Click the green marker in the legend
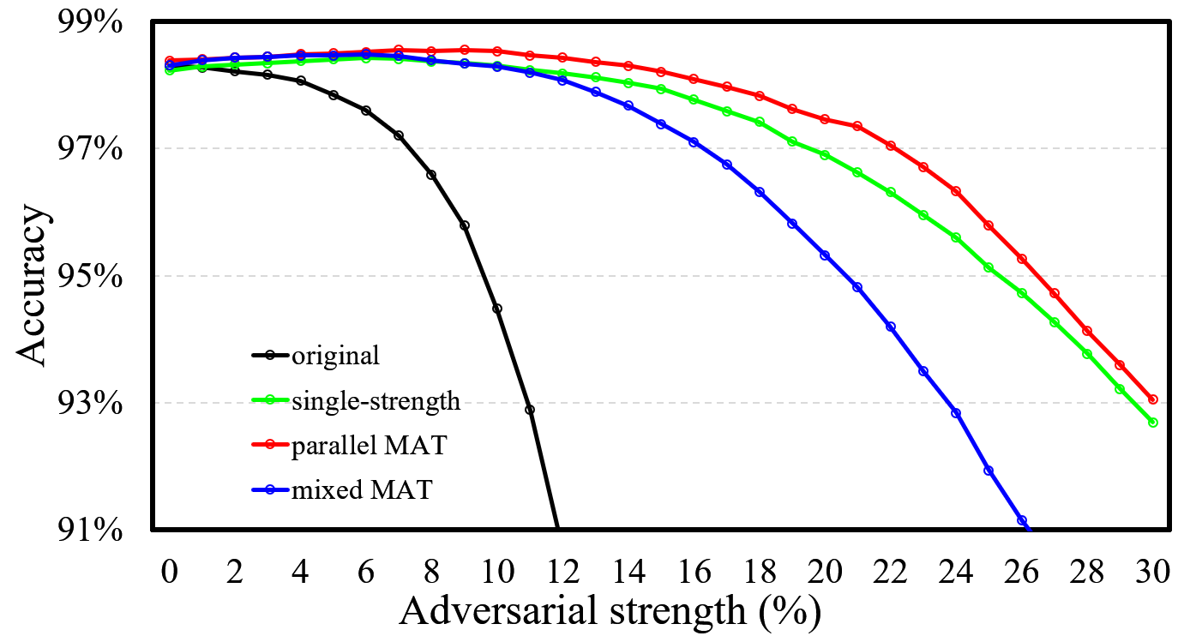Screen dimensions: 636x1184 coord(269,399)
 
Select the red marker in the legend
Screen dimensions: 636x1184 coord(269,444)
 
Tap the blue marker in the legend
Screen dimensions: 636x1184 coord(269,489)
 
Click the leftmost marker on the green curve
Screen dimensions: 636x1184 coord(170,69)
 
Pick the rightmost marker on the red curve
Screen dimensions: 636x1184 coord(1153,399)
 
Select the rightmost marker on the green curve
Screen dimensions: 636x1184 coord(1153,423)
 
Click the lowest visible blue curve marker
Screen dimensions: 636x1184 coord(1022,520)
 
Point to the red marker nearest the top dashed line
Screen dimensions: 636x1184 coord(891,146)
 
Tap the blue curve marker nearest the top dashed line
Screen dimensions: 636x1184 coord(694,142)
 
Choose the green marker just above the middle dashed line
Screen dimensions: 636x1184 coord(989,267)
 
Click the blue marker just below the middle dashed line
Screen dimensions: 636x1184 coord(857,287)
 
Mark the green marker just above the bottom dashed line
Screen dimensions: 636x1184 coord(1120,388)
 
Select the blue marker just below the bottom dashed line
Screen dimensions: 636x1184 coord(956,413)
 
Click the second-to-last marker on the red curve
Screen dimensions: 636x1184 coord(1120,365)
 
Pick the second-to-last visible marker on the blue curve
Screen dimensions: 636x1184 coord(989,471)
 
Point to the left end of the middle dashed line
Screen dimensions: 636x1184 coord(155,276)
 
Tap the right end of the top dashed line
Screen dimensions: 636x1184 coord(1168,148)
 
